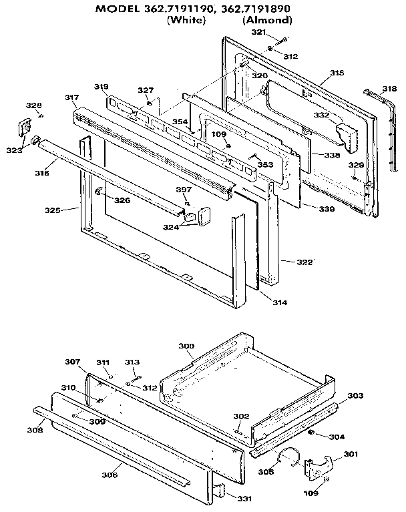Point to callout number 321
(258, 32)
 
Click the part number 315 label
(337, 72)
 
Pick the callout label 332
(322, 115)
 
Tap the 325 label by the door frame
(53, 210)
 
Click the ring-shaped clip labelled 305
(288, 457)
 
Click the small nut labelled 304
(311, 433)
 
